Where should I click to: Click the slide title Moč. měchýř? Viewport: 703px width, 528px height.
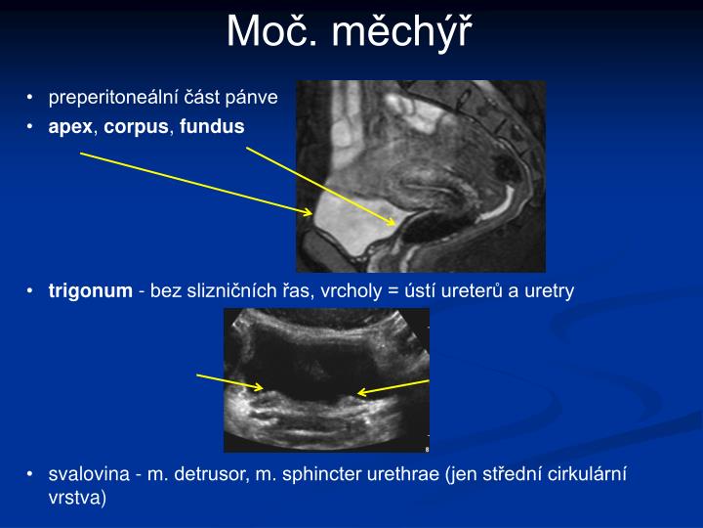tap(349, 32)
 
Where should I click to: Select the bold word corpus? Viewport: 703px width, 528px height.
tap(137, 127)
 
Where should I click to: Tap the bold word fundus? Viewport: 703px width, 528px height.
tap(212, 127)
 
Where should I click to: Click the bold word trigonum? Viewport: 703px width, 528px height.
tap(90, 290)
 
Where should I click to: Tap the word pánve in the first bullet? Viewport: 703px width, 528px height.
tap(256, 98)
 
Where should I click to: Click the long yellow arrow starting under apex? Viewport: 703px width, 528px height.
tap(195, 182)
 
